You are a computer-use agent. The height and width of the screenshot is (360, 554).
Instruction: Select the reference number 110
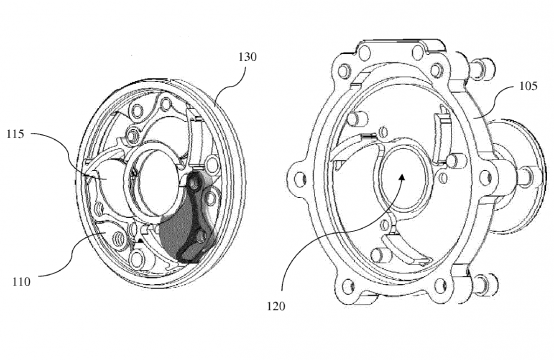pyautogui.click(x=20, y=282)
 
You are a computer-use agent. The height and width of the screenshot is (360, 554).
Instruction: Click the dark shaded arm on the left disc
pyautogui.click(x=188, y=222)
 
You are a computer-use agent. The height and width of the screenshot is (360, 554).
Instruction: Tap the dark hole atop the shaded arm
pyautogui.click(x=194, y=183)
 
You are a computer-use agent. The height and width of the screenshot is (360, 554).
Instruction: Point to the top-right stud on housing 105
pyautogui.click(x=488, y=69)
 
